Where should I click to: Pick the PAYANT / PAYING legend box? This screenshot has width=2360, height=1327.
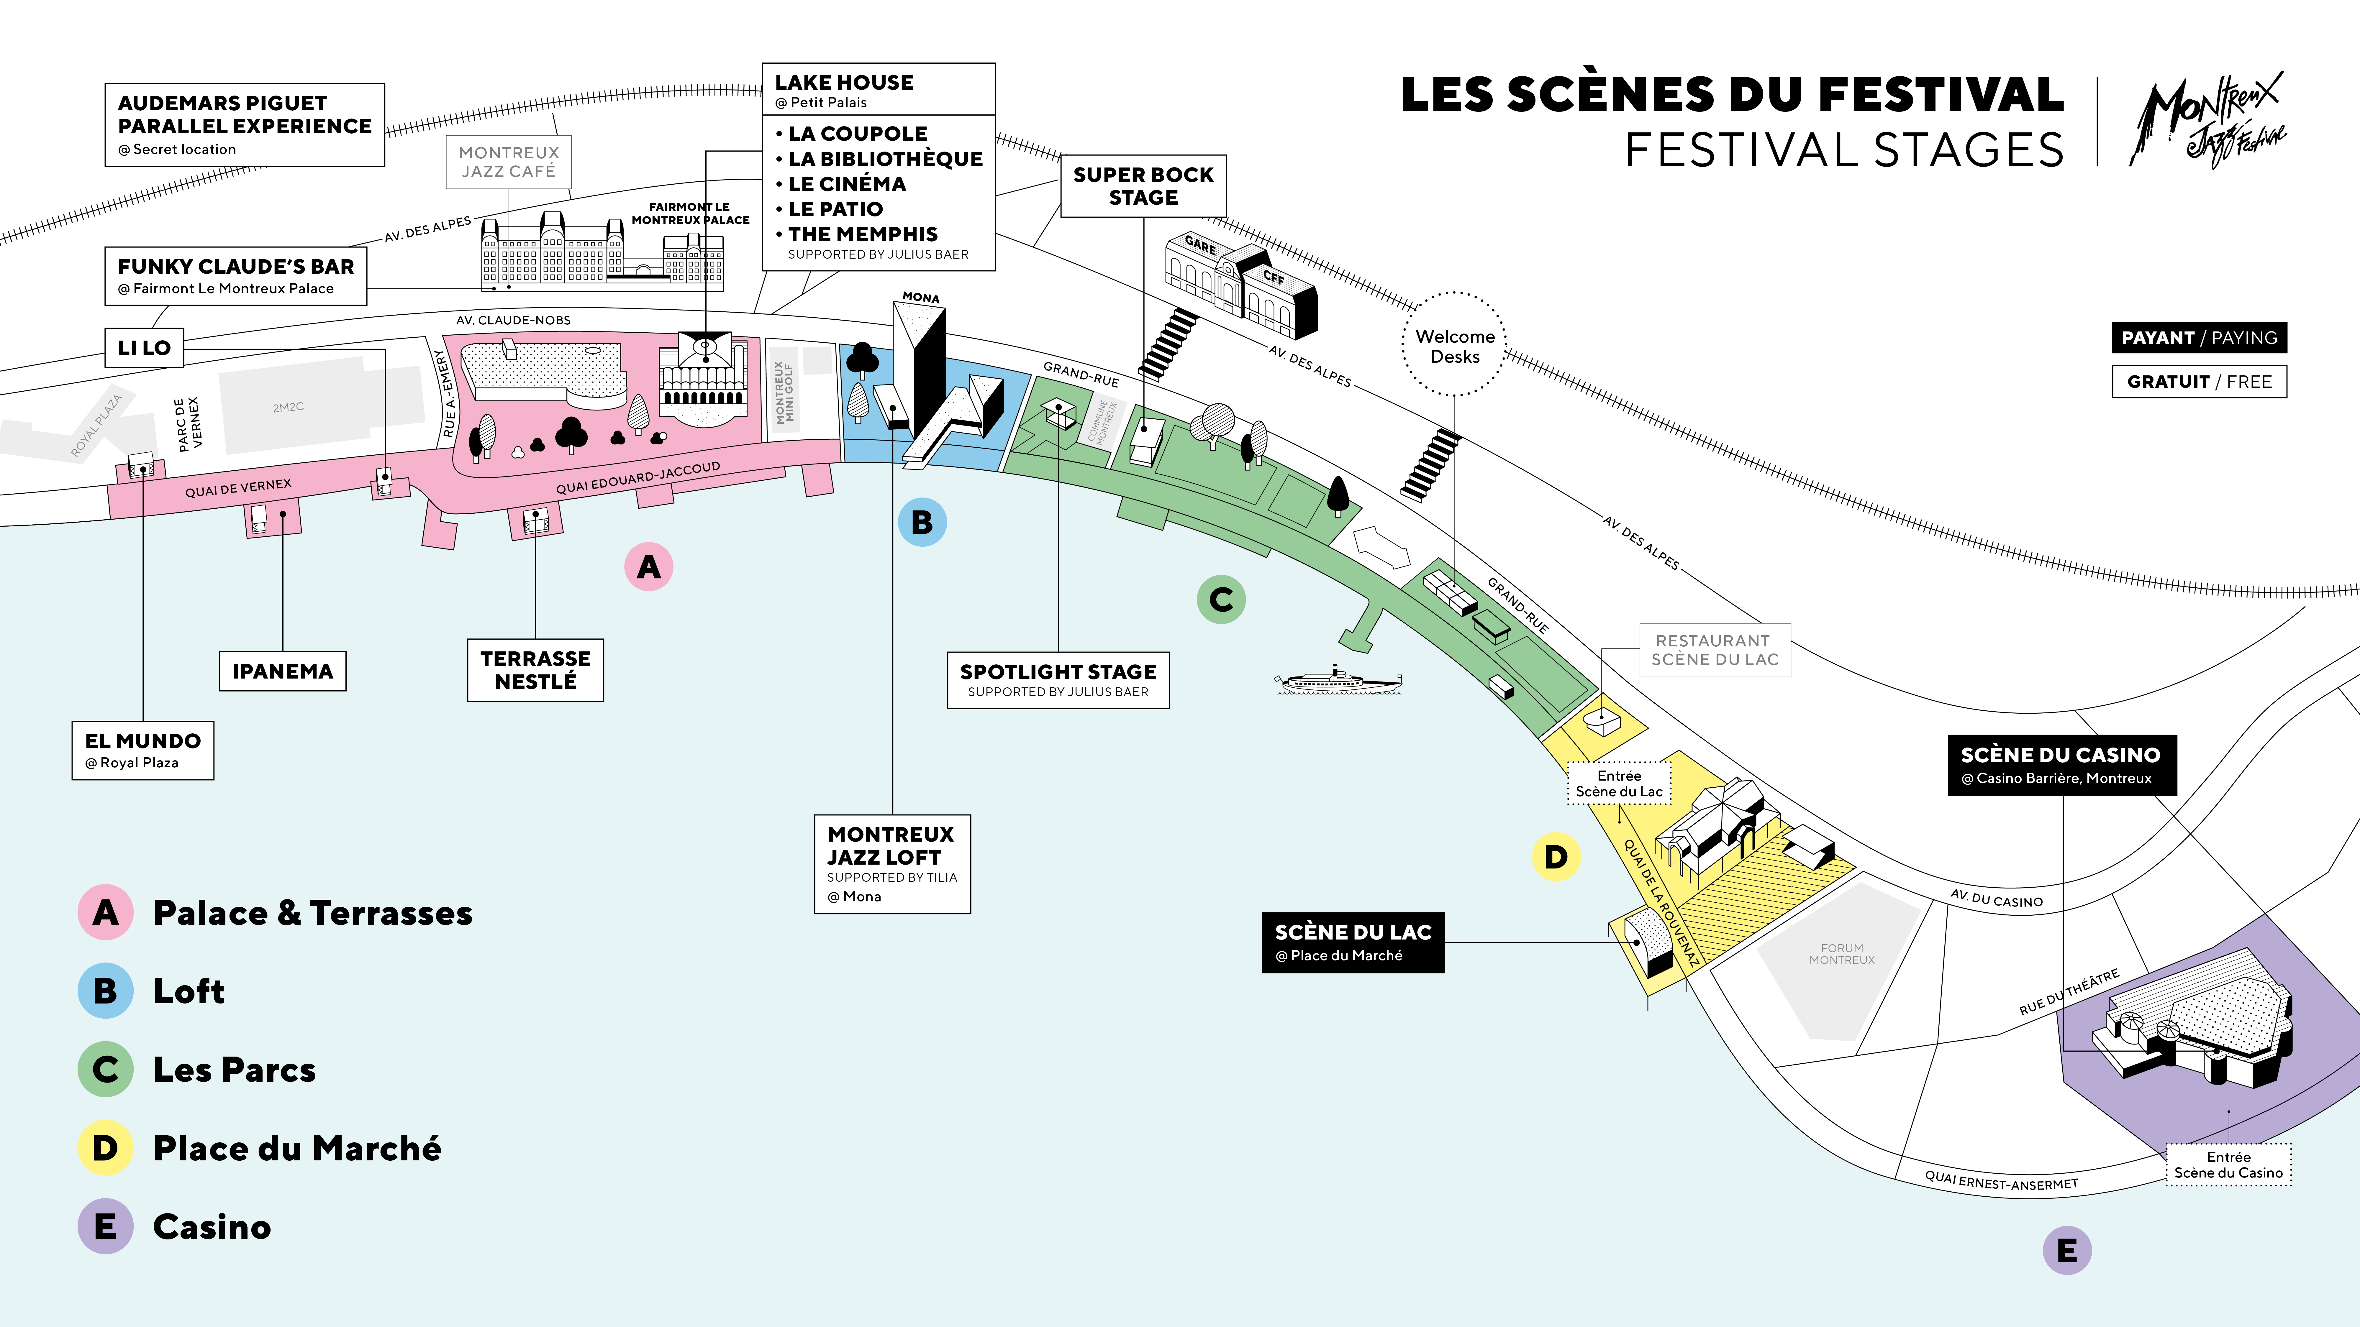pos(2199,338)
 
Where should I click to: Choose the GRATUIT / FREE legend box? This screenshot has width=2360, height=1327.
pos(2199,382)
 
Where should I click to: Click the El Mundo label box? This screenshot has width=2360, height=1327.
pos(143,750)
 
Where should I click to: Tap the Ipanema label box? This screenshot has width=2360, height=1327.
pos(282,671)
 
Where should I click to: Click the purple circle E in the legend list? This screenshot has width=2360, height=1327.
pos(105,1226)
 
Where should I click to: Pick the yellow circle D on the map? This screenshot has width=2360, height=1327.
pos(1556,857)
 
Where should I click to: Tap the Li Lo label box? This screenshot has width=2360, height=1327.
pos(144,348)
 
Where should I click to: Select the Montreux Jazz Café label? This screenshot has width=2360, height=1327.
pos(509,162)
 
